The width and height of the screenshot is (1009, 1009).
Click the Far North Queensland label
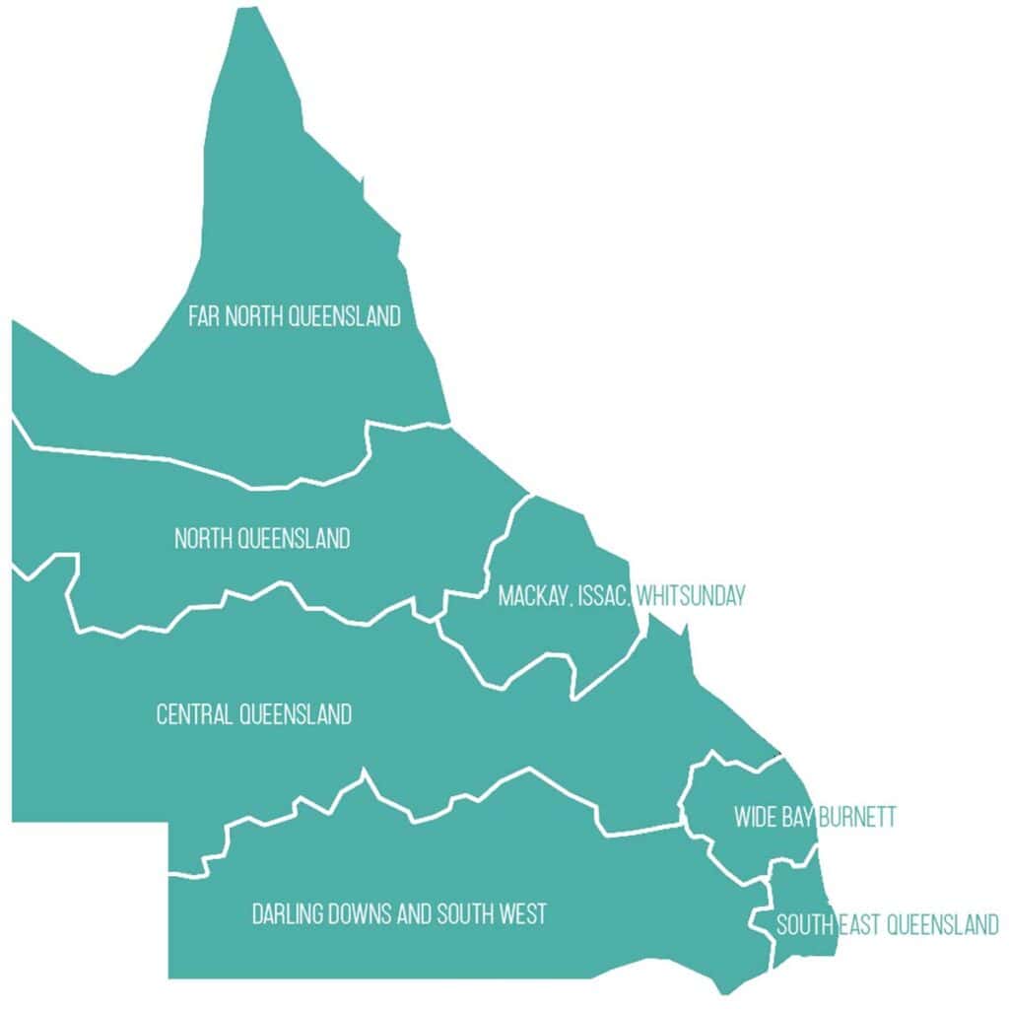coord(295,316)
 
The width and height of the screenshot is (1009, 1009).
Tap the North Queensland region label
coord(262,539)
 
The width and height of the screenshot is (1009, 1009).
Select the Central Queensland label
coord(253,714)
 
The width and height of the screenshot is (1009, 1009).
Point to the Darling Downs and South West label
coord(399,914)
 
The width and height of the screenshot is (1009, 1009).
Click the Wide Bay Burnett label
coord(815,818)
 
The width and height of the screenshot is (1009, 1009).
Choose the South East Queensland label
coord(887,925)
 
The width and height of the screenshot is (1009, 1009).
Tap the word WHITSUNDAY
coord(690,596)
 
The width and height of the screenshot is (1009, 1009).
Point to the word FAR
coord(204,316)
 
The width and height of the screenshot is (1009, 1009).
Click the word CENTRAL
coord(194,714)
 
